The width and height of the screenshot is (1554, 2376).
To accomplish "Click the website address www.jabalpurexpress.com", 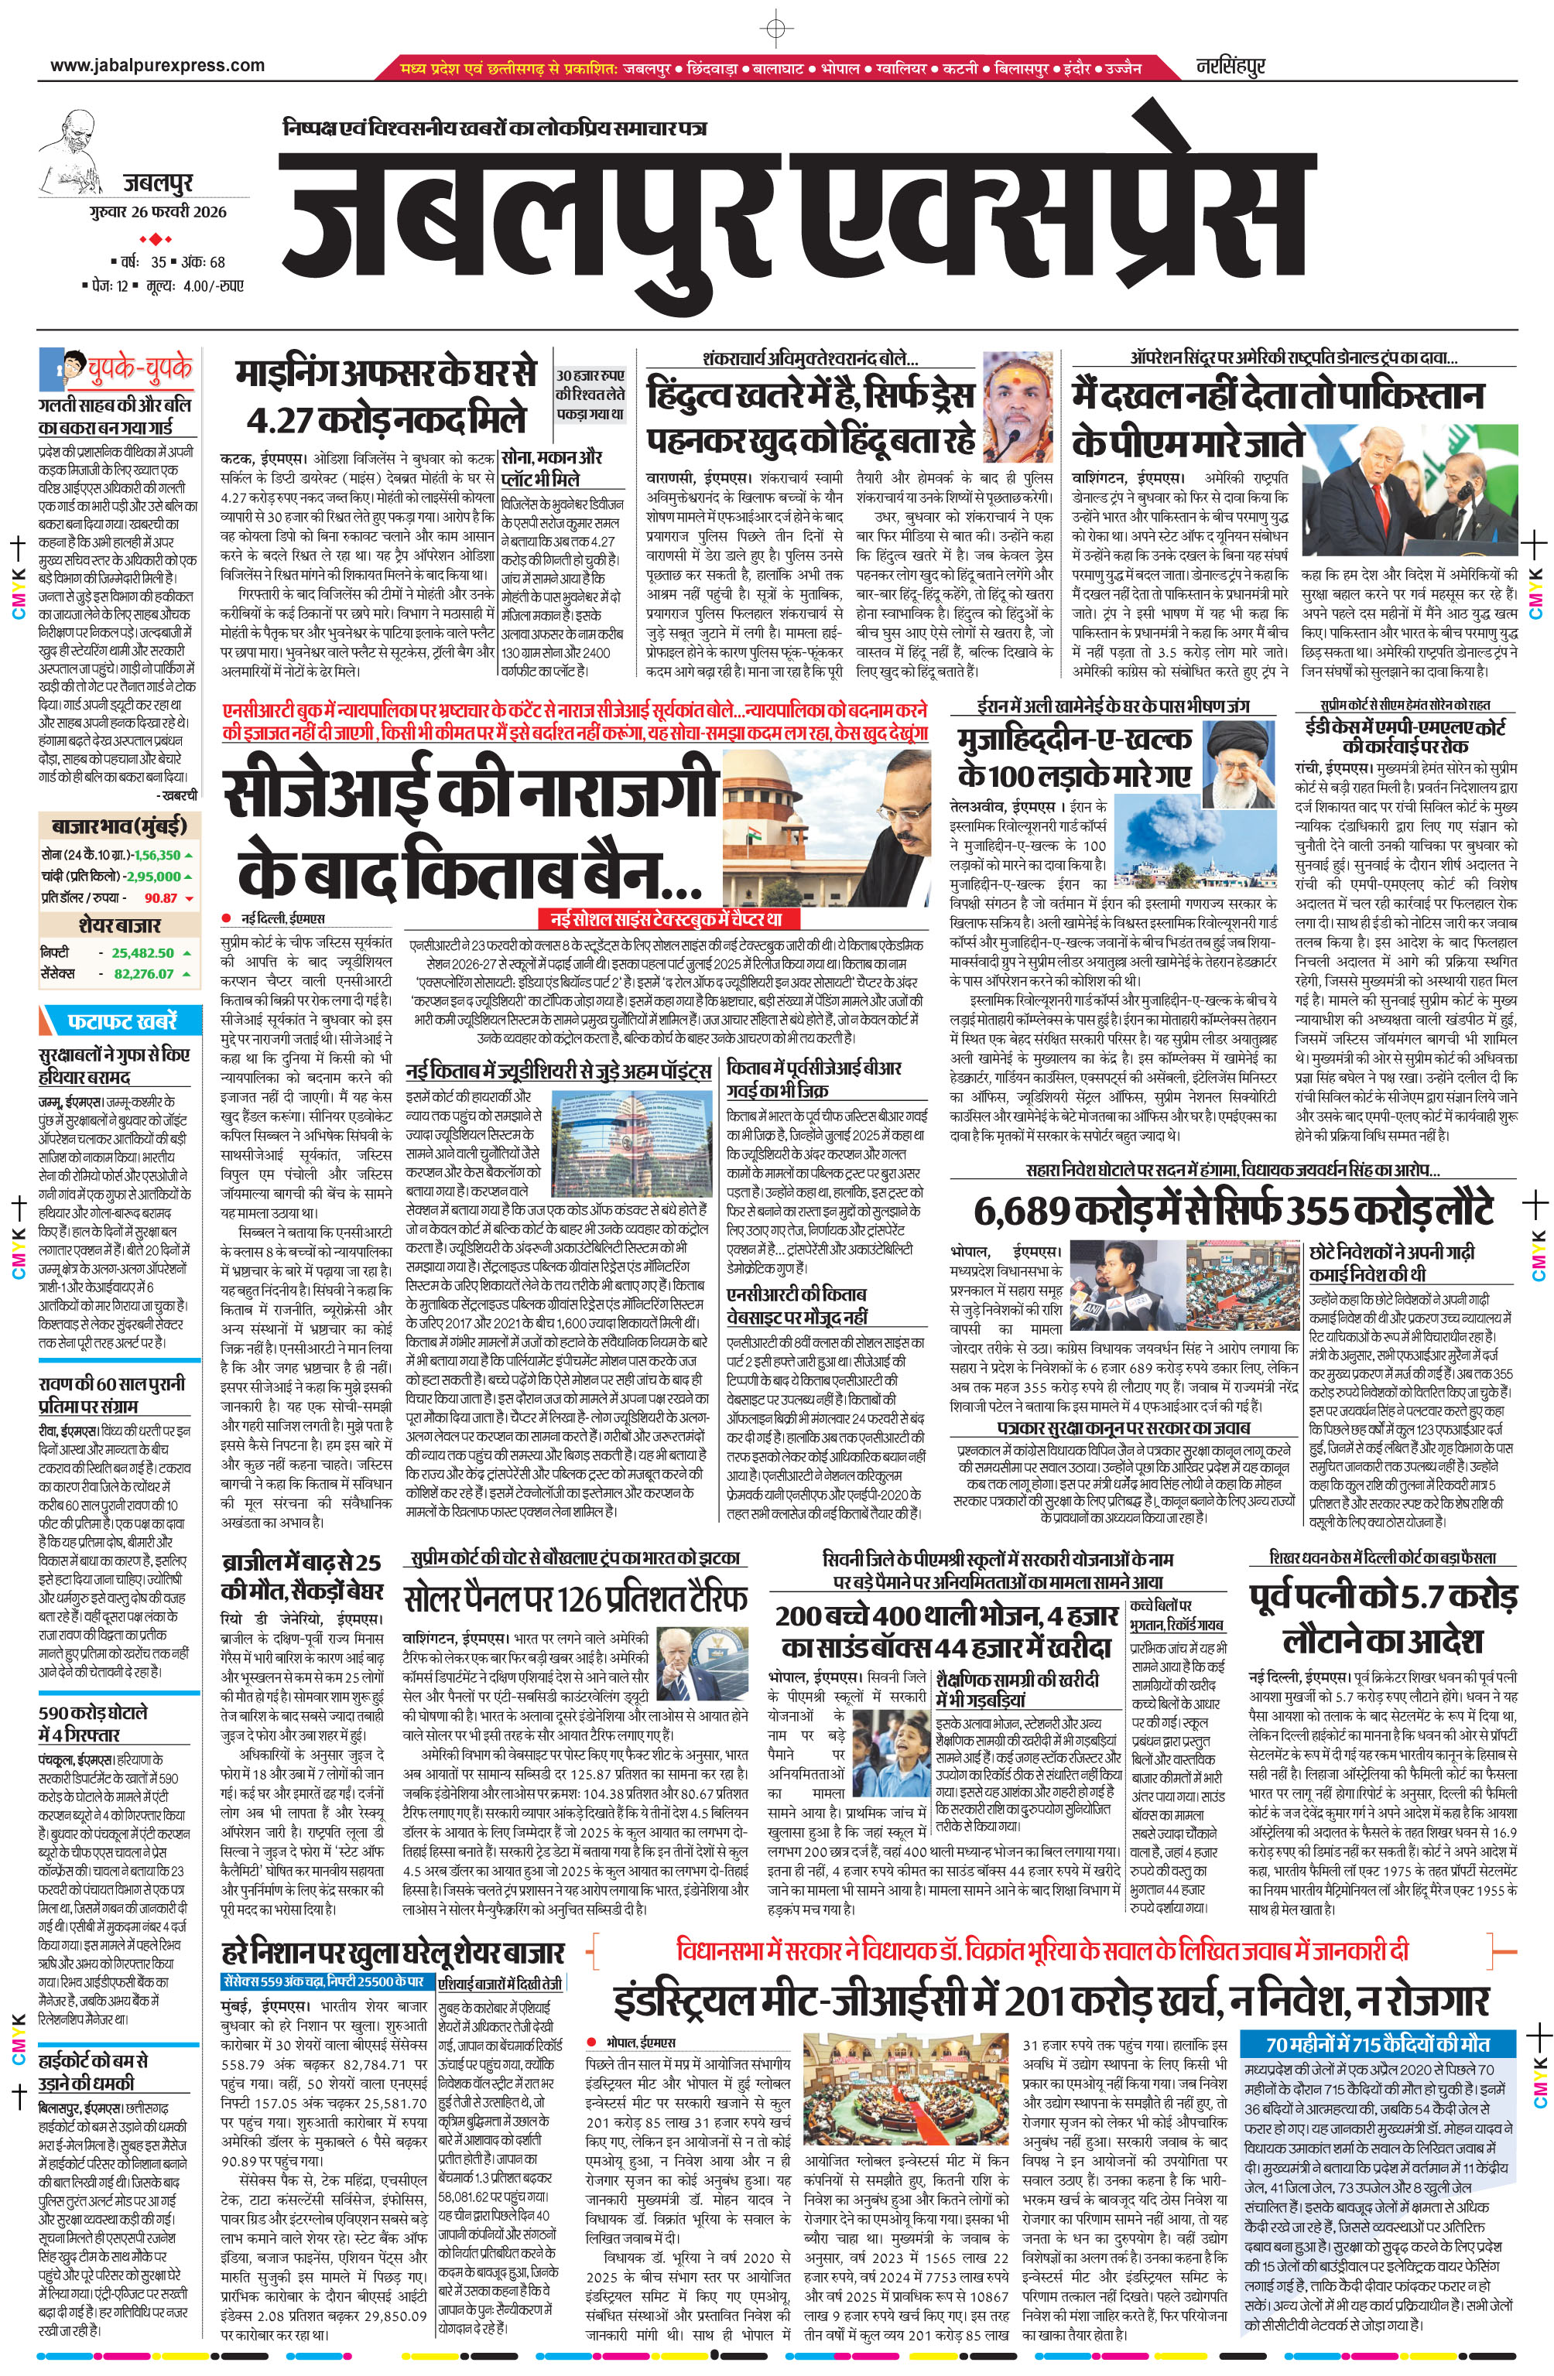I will (x=158, y=66).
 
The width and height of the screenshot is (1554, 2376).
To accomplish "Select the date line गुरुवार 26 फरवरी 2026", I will (x=157, y=212).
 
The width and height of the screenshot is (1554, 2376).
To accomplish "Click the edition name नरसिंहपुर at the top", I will (x=1231, y=67).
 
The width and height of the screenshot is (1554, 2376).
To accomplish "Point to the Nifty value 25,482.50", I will (x=143, y=952).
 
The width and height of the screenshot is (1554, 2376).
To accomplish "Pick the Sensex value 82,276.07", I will (x=144, y=973).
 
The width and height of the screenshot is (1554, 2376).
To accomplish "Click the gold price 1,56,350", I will (x=157, y=855).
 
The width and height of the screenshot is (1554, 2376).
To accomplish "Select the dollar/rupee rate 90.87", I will (x=161, y=897).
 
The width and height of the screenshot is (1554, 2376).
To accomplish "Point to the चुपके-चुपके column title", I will (x=140, y=368).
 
